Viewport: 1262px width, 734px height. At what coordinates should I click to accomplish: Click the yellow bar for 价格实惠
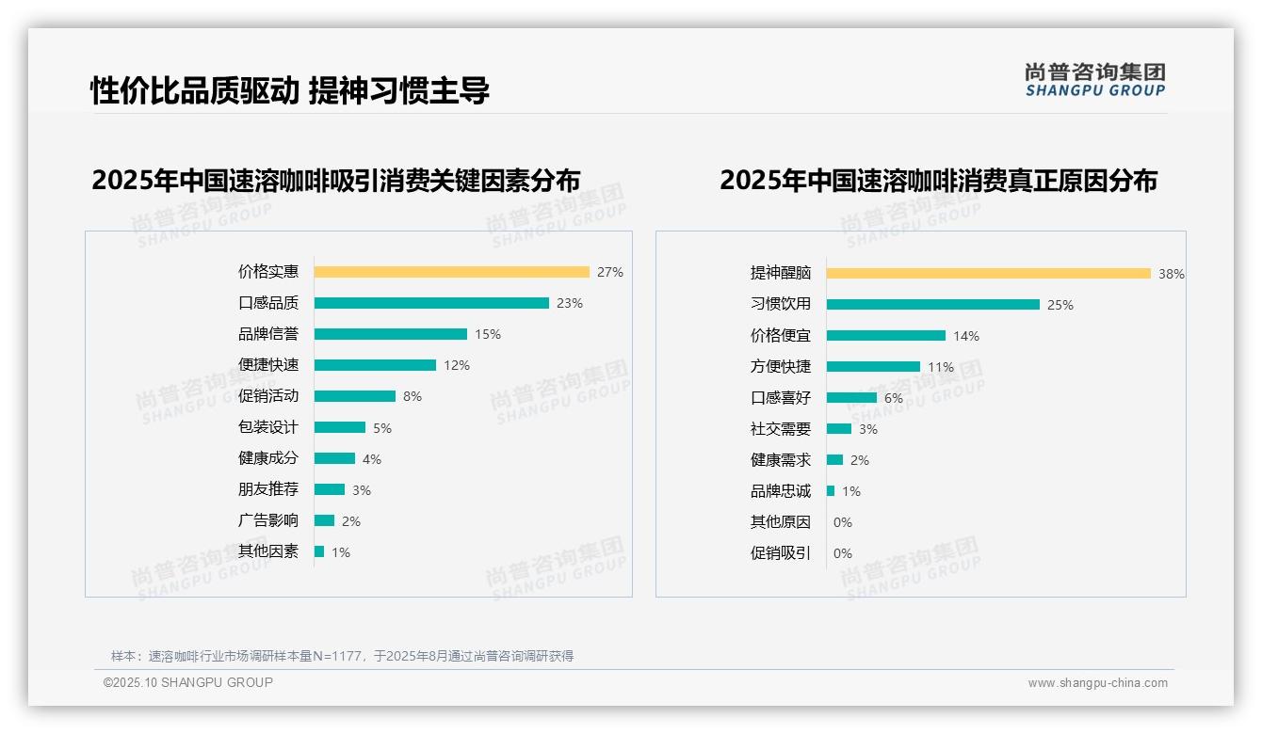pyautogui.click(x=451, y=272)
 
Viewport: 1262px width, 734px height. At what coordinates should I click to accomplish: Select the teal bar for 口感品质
pyautogui.click(x=431, y=303)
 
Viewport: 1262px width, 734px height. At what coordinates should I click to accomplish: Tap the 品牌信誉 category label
pyautogui.click(x=267, y=334)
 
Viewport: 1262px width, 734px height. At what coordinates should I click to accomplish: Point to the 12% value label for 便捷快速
pyautogui.click(x=457, y=365)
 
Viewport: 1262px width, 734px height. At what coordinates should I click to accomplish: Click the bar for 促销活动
pyautogui.click(x=354, y=396)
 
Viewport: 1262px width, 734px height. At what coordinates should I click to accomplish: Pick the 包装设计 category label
pyautogui.click(x=267, y=427)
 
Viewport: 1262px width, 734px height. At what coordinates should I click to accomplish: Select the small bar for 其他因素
pyautogui.click(x=319, y=551)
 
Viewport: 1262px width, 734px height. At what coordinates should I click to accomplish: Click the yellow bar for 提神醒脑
pyautogui.click(x=988, y=273)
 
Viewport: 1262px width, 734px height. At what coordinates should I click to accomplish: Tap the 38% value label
pyautogui.click(x=1171, y=274)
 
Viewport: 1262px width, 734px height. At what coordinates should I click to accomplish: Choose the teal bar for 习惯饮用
pyautogui.click(x=932, y=304)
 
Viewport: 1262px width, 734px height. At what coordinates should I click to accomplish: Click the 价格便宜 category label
pyautogui.click(x=780, y=335)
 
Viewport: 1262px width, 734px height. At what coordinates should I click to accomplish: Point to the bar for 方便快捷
pyautogui.click(x=873, y=366)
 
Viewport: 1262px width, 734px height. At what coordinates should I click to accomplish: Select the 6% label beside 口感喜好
pyautogui.click(x=893, y=398)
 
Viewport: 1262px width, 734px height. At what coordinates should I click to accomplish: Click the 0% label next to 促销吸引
pyautogui.click(x=842, y=553)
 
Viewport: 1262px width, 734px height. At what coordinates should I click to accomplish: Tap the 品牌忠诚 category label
pyautogui.click(x=780, y=491)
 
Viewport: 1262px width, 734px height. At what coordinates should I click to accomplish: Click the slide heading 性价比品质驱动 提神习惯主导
pyautogui.click(x=289, y=90)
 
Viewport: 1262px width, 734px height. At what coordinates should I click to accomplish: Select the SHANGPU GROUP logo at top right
pyautogui.click(x=1094, y=80)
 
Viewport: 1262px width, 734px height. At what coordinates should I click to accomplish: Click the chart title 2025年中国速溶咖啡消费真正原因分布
pyautogui.click(x=938, y=180)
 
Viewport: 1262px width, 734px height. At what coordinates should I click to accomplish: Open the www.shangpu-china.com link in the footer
pyautogui.click(x=1097, y=683)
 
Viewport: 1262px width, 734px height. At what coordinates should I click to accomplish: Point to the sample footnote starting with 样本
pyautogui.click(x=342, y=656)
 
